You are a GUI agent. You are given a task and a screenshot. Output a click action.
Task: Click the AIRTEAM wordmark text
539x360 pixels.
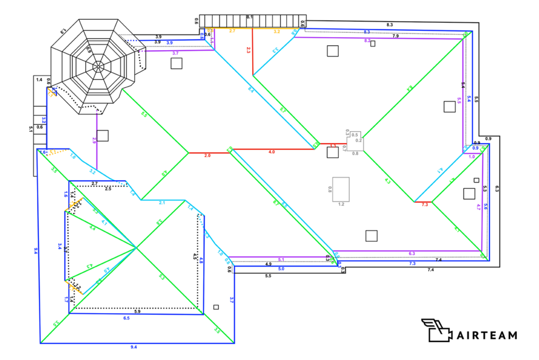[486, 335]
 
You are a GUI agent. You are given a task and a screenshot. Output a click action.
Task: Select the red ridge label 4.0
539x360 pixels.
[271, 152]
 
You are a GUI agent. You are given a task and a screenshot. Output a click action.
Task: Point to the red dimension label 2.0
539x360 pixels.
[207, 156]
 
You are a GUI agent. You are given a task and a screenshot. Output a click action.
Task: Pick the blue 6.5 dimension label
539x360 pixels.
[127, 318]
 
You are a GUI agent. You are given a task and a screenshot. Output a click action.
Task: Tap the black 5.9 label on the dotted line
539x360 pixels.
[137, 312]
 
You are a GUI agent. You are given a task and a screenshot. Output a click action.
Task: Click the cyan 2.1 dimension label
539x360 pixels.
[162, 203]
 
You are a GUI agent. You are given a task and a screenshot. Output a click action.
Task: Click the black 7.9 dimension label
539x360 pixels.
[395, 36]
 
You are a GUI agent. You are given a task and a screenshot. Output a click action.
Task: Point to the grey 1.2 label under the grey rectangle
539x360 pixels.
[341, 204]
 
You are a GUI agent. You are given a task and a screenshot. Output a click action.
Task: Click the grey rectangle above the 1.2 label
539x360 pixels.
[341, 189]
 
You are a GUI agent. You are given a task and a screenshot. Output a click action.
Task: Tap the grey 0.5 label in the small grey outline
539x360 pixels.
[355, 135]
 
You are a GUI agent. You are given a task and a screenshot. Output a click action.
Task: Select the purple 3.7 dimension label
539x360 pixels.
[176, 54]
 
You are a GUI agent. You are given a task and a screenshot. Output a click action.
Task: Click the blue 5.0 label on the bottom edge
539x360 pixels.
[281, 269]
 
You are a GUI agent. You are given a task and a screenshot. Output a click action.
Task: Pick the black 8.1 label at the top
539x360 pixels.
[250, 17]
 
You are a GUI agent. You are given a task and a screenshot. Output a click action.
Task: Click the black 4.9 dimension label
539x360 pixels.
[268, 264]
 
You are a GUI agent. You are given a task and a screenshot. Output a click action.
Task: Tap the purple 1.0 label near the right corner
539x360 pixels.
[472, 156]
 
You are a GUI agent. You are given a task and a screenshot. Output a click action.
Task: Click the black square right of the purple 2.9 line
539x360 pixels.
[103, 135]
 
